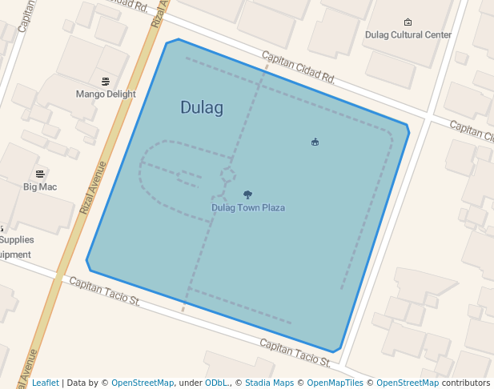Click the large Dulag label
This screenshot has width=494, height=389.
(201, 107)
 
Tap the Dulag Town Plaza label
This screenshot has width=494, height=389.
(248, 208)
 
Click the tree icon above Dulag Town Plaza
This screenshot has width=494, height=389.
(247, 194)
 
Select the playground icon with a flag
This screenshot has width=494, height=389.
(315, 142)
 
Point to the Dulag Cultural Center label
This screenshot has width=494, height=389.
(408, 34)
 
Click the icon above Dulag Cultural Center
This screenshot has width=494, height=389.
(408, 22)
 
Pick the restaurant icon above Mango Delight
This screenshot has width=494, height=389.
(106, 81)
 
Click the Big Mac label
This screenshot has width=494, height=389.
(40, 186)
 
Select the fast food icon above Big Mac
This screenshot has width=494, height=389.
(40, 174)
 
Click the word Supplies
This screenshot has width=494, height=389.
(17, 239)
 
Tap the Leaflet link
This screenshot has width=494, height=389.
(45, 383)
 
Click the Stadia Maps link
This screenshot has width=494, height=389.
(269, 383)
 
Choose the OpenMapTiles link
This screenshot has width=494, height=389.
(335, 383)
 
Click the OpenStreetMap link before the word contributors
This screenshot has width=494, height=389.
(408, 383)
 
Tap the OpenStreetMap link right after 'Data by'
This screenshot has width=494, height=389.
(142, 383)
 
